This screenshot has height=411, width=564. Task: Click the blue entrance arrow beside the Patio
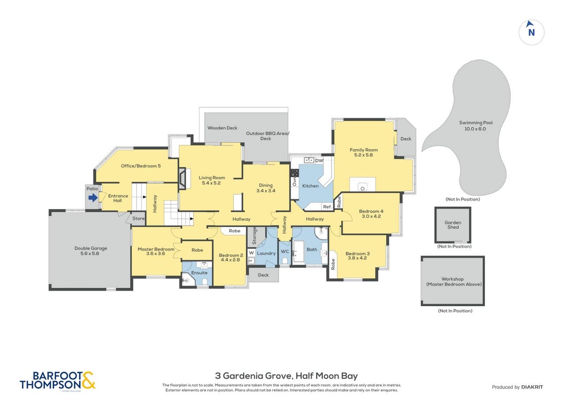pos(93,197)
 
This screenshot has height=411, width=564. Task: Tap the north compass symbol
pos(531,32)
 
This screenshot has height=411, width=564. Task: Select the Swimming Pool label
pos(476,123)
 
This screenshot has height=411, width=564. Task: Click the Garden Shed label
pos(453,225)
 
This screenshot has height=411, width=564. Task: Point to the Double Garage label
pos(90,248)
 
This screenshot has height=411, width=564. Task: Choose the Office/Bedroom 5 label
pos(141,166)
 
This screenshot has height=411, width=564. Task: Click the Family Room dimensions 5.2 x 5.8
pos(363,155)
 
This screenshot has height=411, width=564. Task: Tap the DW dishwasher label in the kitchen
pos(319,161)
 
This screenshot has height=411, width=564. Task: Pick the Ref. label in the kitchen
pos(328,207)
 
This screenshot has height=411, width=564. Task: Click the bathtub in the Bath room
pos(299,251)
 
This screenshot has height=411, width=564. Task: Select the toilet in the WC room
pos(285,260)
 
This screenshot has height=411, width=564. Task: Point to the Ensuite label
pos(199,273)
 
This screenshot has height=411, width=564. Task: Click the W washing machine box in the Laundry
pos(251,253)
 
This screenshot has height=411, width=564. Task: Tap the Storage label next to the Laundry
pos(254,235)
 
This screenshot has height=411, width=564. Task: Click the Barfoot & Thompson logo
pos(58,381)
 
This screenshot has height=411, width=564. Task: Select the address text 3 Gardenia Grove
pos(253,376)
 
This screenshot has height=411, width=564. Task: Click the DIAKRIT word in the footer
pos(532,387)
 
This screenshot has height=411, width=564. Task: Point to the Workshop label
pos(452,278)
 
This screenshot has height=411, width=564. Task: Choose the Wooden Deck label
pos(222,127)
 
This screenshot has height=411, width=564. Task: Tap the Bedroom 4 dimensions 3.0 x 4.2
pos(371,216)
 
